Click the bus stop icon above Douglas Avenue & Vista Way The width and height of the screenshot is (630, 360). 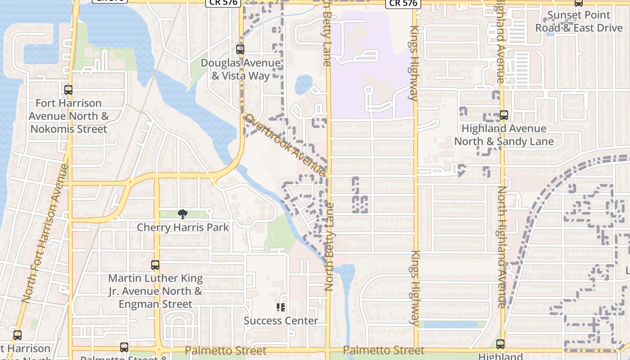[x=240, y=49]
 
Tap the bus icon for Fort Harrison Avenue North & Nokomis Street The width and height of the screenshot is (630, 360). [x=68, y=90]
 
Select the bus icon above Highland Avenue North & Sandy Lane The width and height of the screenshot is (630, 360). [x=504, y=115]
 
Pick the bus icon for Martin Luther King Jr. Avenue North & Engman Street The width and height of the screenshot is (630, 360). [x=155, y=265]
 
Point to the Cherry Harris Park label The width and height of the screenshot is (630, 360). [x=183, y=227]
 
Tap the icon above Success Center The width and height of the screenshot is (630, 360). [x=281, y=308]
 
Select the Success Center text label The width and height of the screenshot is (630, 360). [x=281, y=321]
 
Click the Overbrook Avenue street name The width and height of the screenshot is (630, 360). [x=285, y=145]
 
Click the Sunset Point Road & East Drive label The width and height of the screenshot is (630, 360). [x=579, y=22]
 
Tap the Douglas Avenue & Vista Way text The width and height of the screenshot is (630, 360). [x=240, y=69]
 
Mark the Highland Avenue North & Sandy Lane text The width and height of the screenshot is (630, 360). [x=504, y=135]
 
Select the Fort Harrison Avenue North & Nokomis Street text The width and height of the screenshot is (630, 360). [x=68, y=116]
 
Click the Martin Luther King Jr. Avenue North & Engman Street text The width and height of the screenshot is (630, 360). [x=155, y=292]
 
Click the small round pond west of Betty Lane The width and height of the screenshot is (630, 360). [x=303, y=84]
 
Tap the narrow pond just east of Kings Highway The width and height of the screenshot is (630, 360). [x=448, y=324]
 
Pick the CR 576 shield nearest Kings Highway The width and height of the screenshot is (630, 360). [x=403, y=4]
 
